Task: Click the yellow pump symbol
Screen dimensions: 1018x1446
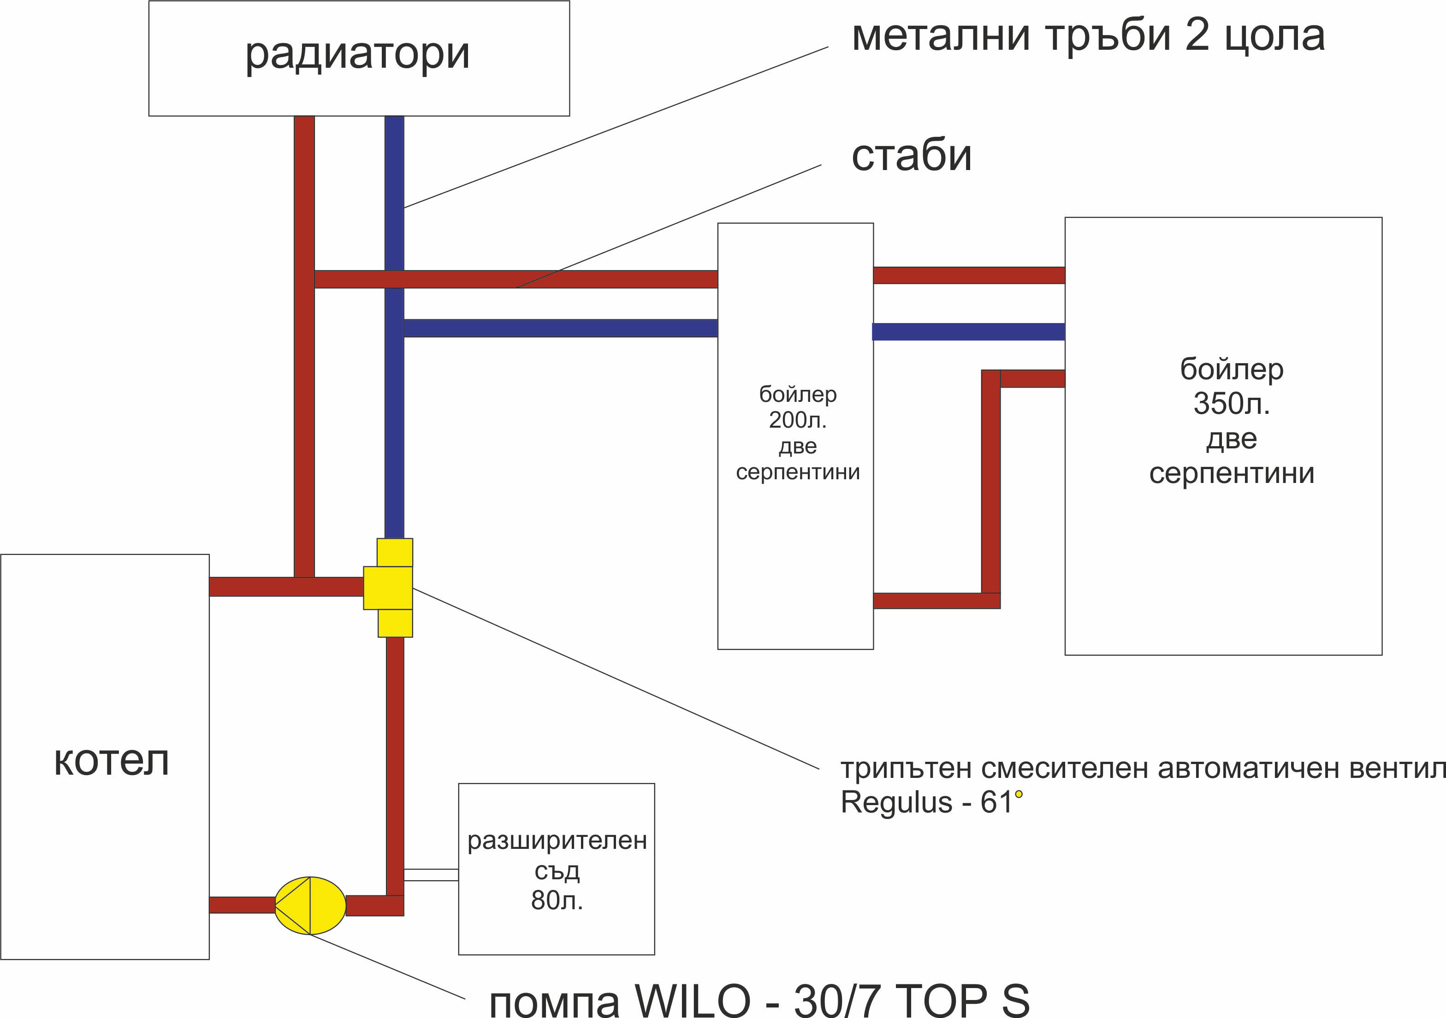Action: [x=310, y=905]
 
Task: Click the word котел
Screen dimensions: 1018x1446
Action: [x=112, y=761]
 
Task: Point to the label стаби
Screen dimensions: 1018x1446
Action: [x=911, y=155]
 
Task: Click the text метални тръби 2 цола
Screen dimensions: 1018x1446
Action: [x=1088, y=35]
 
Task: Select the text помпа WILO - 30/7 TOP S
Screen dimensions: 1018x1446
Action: [x=759, y=1000]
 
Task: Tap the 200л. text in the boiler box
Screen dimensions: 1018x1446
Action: [x=797, y=420]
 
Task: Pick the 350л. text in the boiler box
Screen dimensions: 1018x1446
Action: [x=1231, y=404]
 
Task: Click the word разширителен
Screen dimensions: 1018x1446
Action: [x=557, y=841]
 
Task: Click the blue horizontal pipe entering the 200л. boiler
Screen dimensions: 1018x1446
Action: [x=561, y=328]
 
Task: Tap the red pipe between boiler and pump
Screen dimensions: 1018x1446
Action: [x=242, y=905]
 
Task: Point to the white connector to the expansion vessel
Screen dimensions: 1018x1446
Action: [x=431, y=875]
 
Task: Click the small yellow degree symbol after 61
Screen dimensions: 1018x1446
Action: [x=1019, y=794]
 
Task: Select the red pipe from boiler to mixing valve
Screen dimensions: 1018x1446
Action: [x=286, y=587]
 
